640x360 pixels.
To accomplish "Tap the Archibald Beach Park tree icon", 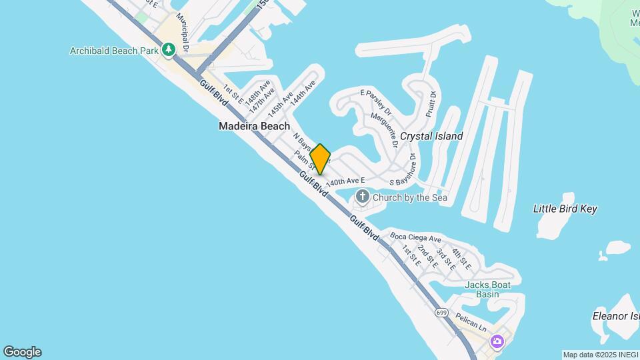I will pyautogui.click(x=169, y=50).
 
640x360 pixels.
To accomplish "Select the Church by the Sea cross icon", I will pyautogui.click(x=363, y=197).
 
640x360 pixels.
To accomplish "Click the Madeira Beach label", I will pyautogui.click(x=255, y=126).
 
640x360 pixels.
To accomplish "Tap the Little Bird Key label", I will pyautogui.click(x=565, y=209).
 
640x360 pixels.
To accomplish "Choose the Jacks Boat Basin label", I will pyautogui.click(x=488, y=289).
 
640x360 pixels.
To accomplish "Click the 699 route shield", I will pyautogui.click(x=441, y=312).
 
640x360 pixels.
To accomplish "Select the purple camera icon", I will pyautogui.click(x=497, y=342).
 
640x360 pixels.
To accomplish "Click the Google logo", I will pyautogui.click(x=22, y=352).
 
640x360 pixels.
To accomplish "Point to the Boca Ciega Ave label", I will pyautogui.click(x=416, y=238).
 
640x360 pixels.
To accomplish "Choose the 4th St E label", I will pyautogui.click(x=461, y=259).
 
